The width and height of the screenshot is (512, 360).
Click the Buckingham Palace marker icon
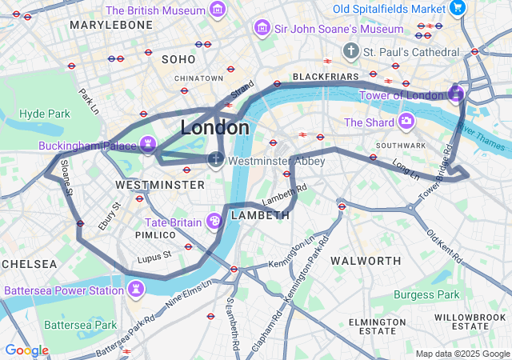(147, 145)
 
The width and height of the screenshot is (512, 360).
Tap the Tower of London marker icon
(456, 94)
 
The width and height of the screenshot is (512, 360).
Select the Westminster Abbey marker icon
(216, 160)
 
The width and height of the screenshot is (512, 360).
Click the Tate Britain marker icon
(214, 221)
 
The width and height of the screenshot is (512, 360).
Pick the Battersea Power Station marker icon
(136, 288)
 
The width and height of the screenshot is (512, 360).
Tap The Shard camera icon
(406, 122)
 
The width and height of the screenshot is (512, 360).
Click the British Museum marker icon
(217, 10)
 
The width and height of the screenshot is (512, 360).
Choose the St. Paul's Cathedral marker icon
(350, 51)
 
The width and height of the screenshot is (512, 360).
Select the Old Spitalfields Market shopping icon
(457, 8)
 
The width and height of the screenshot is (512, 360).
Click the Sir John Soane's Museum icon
(261, 29)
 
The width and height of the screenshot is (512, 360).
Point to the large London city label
(214, 127)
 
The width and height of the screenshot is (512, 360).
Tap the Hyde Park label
(45, 114)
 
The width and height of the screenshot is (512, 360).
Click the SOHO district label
(178, 59)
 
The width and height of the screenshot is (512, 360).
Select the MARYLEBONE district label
(110, 26)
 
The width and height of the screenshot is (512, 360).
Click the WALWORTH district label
(366, 261)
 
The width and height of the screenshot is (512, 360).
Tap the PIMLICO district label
(155, 235)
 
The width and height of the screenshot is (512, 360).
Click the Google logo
(26, 350)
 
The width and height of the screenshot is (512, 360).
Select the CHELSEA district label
(29, 264)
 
